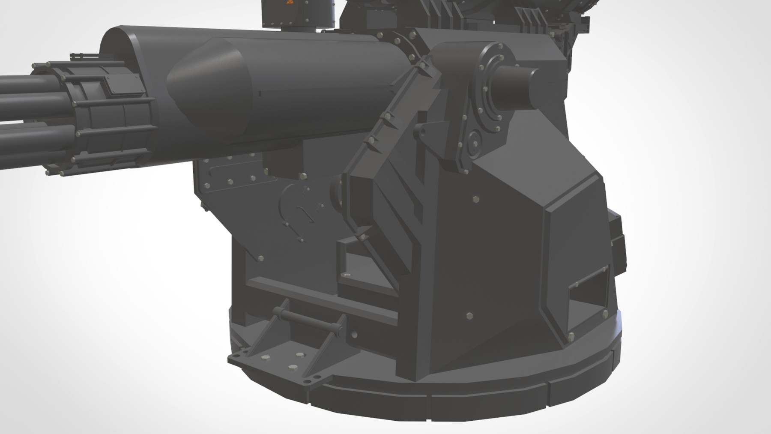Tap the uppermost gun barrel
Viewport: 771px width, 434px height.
(x=17, y=81)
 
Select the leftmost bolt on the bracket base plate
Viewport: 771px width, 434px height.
(x=235, y=356)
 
